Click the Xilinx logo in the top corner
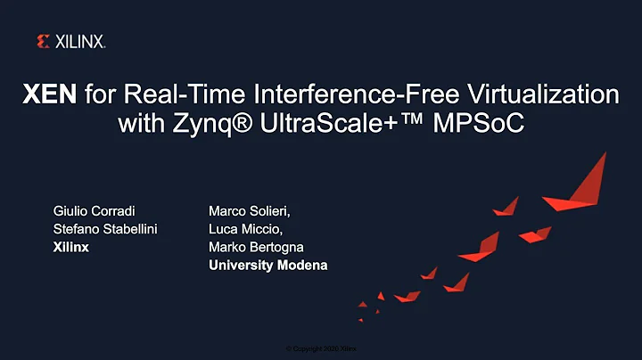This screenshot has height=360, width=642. [70, 41]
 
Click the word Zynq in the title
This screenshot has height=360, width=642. [200, 124]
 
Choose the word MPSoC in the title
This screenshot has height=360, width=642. [481, 124]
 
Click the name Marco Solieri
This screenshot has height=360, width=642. [249, 212]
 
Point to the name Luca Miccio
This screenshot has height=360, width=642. [243, 230]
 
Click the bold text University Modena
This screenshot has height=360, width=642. [267, 266]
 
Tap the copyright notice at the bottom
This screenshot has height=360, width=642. [321, 348]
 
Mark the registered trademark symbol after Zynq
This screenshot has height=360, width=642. [243, 122]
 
